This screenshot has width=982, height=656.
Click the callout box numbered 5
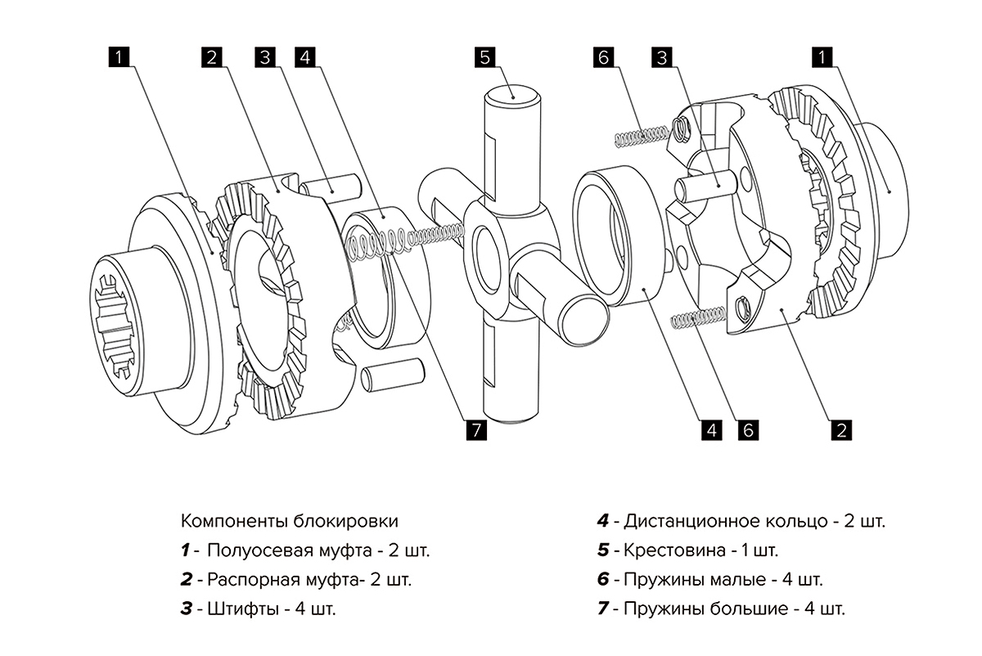(x=484, y=57)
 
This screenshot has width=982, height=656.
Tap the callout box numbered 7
(x=474, y=429)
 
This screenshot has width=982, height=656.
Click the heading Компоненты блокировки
(x=290, y=521)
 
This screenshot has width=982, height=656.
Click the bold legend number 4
(x=603, y=521)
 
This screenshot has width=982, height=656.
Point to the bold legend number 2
(x=187, y=580)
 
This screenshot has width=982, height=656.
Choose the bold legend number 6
(x=603, y=580)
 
